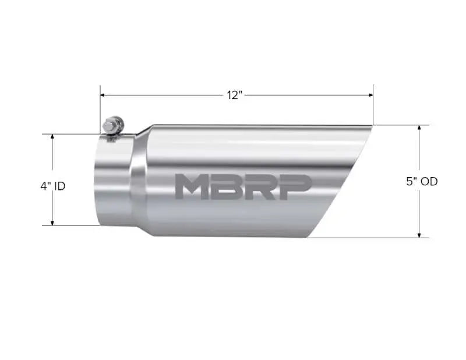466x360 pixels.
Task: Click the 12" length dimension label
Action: (234, 95)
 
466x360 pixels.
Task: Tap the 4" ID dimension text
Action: (52, 186)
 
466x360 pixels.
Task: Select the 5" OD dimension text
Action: (422, 181)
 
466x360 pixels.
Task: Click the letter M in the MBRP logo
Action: (192, 186)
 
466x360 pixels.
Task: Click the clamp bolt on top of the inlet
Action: (112, 125)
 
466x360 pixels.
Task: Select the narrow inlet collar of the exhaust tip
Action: (112, 181)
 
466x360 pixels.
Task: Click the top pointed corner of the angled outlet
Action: (370, 126)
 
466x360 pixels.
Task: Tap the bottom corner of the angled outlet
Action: (309, 237)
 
